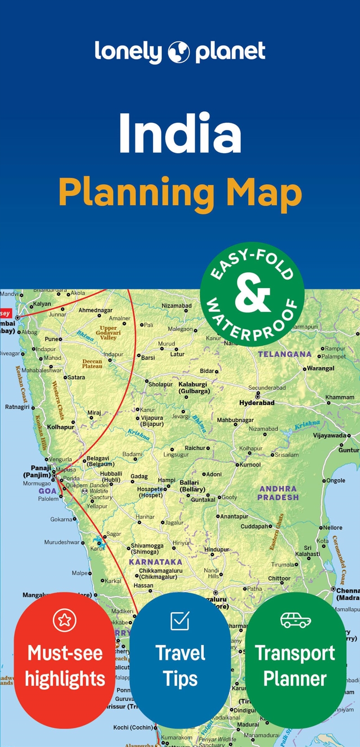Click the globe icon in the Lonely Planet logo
tap(179, 53)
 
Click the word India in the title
tap(180, 135)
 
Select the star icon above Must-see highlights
tap(64, 620)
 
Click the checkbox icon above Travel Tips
tap(180, 620)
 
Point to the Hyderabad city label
tap(256, 403)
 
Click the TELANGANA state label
tap(284, 354)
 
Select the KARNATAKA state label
tap(155, 562)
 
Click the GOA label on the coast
tap(47, 491)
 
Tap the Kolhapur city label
tap(60, 427)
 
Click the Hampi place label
tap(166, 480)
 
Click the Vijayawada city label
tap(329, 435)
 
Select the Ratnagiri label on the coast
tap(17, 407)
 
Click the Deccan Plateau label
tap(92, 364)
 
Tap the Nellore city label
tap(333, 527)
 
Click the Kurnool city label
tap(250, 464)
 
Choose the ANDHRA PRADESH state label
tap(278, 493)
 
